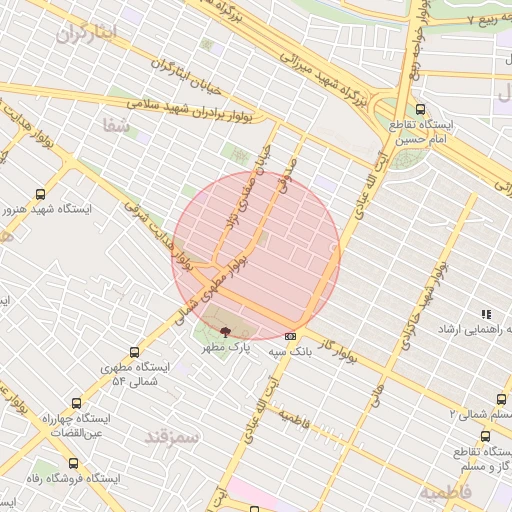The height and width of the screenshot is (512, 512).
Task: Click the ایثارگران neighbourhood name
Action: tap(87, 33)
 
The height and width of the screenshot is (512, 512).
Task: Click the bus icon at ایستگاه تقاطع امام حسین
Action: tap(419, 110)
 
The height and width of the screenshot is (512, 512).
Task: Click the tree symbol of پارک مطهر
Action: tap(225, 333)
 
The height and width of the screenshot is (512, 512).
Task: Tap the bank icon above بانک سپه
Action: tap(290, 336)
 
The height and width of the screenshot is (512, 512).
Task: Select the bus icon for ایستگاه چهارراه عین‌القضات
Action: tap(76, 403)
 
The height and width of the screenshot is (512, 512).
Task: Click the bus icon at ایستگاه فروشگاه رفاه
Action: tap(73, 463)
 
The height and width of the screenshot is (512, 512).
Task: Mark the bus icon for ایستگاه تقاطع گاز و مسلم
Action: tap(485, 436)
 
